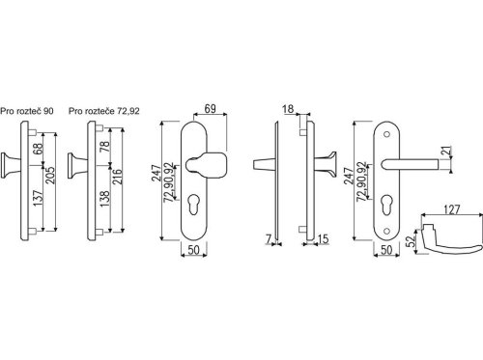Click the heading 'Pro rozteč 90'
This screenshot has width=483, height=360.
[x=27, y=111]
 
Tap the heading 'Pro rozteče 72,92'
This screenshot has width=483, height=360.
[x=104, y=111]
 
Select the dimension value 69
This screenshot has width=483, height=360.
[x=210, y=109]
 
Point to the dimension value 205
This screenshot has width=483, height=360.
[x=50, y=176]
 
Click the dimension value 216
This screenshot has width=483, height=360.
[x=117, y=177]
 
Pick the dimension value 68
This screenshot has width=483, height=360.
[x=38, y=149]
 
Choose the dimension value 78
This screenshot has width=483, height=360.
[x=105, y=147]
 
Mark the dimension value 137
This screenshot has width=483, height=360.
[x=38, y=199]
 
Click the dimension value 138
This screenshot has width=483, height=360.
[x=105, y=199]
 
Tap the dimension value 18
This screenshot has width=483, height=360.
[x=288, y=109]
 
